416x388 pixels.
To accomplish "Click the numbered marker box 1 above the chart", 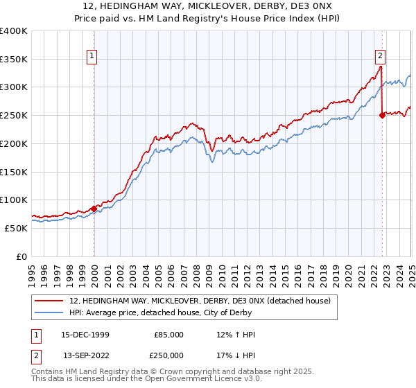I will pos(93,58).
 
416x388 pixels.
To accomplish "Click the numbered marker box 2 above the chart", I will pos(381,58).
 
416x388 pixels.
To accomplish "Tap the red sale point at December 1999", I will pos(94,208).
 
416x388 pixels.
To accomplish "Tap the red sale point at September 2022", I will pos(382,116).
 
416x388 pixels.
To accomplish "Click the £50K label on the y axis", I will pos(15,227).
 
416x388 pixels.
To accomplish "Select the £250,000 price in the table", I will pos(168,355).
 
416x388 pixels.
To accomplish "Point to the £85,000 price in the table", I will pos(168,335).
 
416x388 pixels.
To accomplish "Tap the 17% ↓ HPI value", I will pos(236,355).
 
